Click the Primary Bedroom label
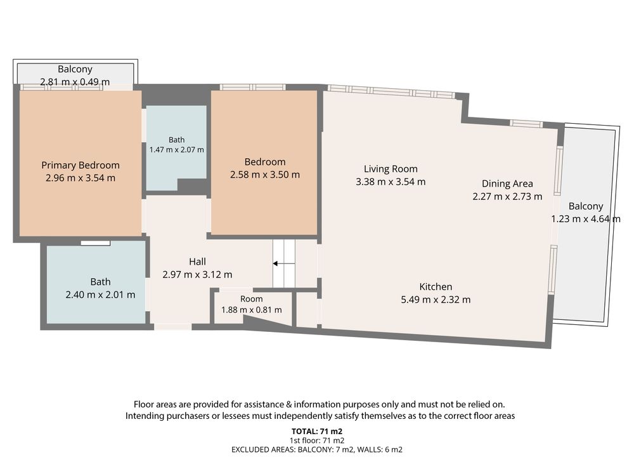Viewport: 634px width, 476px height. [81, 165]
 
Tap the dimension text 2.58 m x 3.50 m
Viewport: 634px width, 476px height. [265, 175]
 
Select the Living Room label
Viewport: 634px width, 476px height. [391, 169]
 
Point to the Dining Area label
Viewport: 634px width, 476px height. [507, 184]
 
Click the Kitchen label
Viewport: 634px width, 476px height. [436, 287]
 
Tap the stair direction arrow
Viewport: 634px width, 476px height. [284, 263]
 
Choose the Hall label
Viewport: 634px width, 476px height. [197, 261]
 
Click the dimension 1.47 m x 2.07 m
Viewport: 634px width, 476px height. [177, 150]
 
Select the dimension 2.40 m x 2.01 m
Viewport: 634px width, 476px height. [100, 294]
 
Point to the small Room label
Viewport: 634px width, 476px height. [252, 299]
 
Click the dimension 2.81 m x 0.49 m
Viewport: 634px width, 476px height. [75, 82]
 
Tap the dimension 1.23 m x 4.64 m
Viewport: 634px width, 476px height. [585, 219]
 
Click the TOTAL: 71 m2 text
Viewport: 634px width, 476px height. [317, 432]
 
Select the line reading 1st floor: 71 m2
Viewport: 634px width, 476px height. [317, 440]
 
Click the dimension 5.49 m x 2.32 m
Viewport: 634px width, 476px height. [436, 300]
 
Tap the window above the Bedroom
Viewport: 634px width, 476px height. [253, 87]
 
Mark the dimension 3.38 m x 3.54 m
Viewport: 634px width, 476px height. [391, 182]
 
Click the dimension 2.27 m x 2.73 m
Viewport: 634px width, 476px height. [507, 197]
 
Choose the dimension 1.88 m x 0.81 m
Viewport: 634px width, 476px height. [252, 310]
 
